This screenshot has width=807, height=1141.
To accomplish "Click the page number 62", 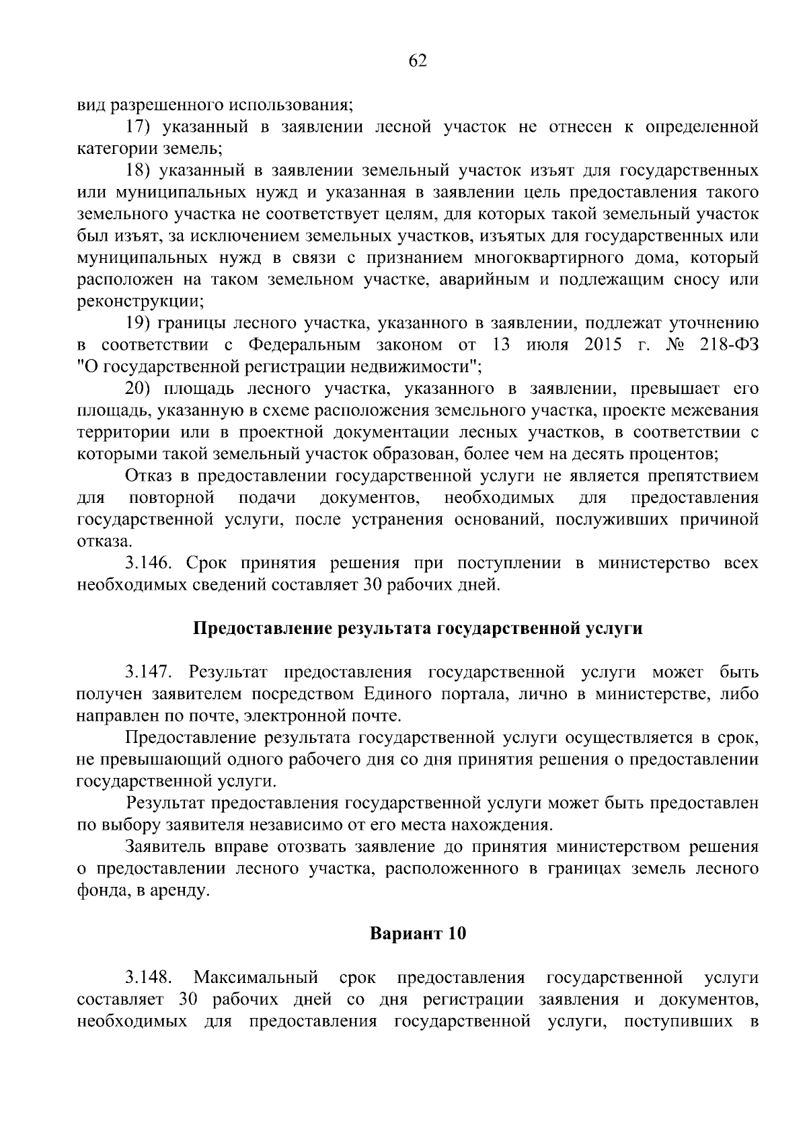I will click(418, 61).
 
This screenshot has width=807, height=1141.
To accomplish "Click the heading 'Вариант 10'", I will click(418, 934).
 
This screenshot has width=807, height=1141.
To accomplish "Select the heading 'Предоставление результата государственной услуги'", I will click(418, 629).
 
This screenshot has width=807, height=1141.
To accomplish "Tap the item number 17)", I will click(142, 126).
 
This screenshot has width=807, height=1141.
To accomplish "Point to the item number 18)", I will click(142, 171).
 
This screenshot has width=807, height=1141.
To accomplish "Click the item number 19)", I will click(142, 323).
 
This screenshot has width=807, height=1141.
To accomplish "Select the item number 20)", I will click(142, 389).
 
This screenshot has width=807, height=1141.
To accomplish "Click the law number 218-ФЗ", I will click(728, 345).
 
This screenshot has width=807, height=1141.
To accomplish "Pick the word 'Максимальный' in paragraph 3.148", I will click(256, 977).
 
